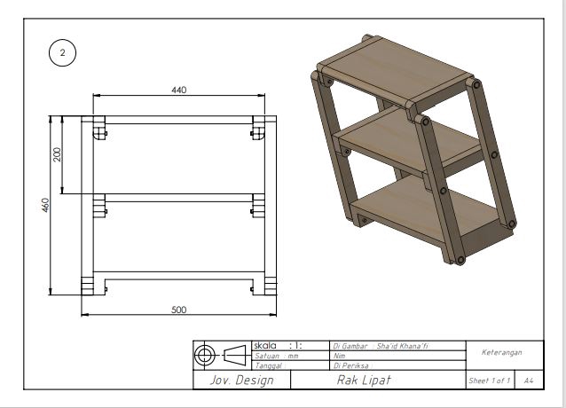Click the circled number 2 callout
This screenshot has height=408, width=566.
coord(62,52)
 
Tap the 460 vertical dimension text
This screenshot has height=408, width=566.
coord(44,205)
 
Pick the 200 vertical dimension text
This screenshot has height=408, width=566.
coord(58,154)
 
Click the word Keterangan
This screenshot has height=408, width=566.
coord(501,352)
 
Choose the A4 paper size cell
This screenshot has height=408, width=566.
coord(529,381)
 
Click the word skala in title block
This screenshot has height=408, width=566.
coord(265,345)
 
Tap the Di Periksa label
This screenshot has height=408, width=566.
coord(350,365)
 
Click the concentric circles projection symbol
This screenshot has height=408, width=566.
coord(205,355)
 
